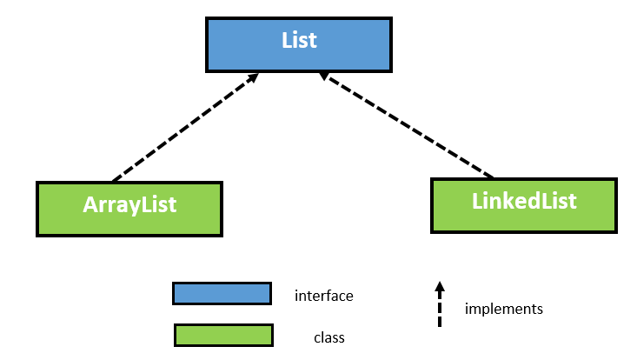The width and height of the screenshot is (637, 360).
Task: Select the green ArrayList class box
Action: pos(129,209)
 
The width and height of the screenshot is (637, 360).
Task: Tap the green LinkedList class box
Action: pos(524,205)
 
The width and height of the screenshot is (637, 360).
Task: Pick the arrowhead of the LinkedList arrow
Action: pos(323,77)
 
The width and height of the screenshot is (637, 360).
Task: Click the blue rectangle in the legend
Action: pos(222,294)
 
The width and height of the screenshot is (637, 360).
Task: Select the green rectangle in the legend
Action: pos(223,335)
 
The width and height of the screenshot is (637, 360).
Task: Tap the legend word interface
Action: pos(324,296)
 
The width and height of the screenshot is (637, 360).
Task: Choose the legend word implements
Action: pos(504,309)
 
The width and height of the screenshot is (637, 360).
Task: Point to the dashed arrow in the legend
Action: pos(440,306)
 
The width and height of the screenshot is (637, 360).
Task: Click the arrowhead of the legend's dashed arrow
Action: pos(440,285)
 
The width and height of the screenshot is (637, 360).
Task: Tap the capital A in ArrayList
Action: pos(90,205)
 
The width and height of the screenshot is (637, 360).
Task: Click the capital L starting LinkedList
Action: pos(477,202)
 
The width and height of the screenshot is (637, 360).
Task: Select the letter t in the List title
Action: pos(314,40)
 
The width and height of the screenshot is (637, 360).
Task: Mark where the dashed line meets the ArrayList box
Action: pos(114,180)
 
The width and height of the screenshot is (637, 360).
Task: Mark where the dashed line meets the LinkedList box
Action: pos(494,177)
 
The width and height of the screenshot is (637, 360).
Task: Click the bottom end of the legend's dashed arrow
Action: pos(440,325)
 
